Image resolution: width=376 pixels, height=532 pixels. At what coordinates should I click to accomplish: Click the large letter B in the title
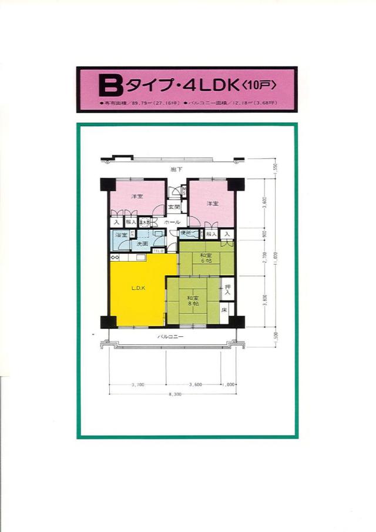[110, 87]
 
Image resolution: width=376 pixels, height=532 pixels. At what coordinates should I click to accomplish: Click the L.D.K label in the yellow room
[138, 287]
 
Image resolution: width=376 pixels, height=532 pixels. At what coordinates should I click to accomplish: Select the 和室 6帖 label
[205, 257]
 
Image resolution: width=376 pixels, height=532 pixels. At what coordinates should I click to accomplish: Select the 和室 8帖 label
[192, 300]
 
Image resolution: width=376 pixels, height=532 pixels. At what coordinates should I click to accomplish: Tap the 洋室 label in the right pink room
[212, 203]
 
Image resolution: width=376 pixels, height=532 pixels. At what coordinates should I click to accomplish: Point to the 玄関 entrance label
[173, 207]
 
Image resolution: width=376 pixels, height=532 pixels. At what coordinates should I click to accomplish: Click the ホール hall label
[172, 223]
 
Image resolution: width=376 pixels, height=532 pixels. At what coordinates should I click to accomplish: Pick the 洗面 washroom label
[143, 243]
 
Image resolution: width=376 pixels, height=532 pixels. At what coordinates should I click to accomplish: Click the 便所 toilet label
[186, 233]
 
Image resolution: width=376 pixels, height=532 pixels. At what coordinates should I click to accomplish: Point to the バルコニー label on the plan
[170, 337]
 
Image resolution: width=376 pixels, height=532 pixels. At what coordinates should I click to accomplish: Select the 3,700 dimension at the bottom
[137, 384]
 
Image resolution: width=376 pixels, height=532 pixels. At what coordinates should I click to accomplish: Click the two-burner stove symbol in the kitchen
[115, 257]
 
